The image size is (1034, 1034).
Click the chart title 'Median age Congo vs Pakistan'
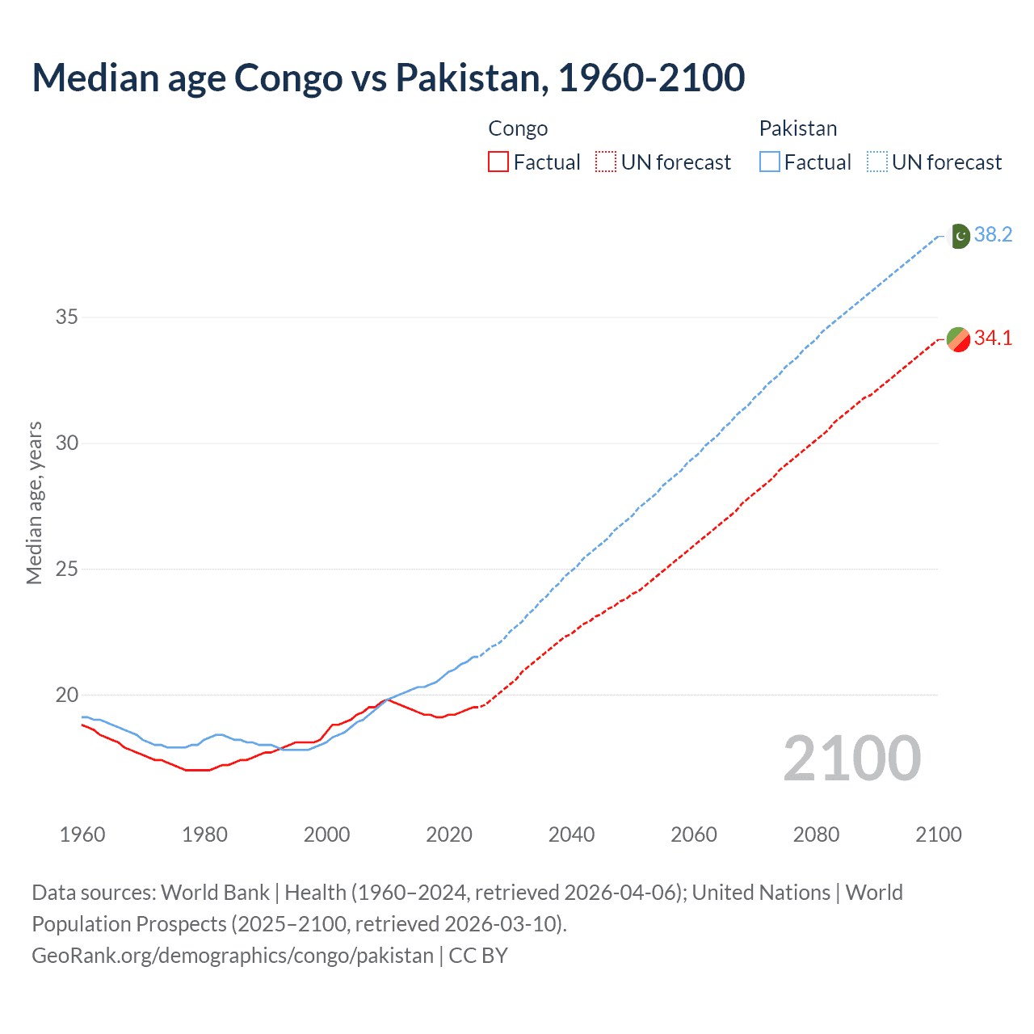[388, 78]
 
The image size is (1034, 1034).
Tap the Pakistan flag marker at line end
[959, 236]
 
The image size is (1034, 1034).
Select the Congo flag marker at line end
[958, 338]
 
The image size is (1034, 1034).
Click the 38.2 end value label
[993, 235]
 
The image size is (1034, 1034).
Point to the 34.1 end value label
[993, 338]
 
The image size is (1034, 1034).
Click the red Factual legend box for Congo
[498, 162]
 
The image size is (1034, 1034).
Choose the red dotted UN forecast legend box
[606, 162]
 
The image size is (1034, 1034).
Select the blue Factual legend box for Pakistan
[770, 162]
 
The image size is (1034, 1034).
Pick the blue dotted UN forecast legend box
[877, 162]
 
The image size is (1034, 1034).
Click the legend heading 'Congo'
[518, 128]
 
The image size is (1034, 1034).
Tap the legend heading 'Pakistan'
[797, 128]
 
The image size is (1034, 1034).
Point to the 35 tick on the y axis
[67, 317]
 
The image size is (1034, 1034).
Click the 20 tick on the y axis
[67, 695]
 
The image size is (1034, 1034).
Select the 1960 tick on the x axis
[82, 834]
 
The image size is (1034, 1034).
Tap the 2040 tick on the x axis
[571, 834]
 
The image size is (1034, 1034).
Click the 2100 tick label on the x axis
[938, 834]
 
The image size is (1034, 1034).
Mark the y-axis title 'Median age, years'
[34, 502]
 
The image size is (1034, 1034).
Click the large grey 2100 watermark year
[851, 759]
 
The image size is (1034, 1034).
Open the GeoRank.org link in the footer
[233, 956]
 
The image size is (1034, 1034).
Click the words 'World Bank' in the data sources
[215, 893]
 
